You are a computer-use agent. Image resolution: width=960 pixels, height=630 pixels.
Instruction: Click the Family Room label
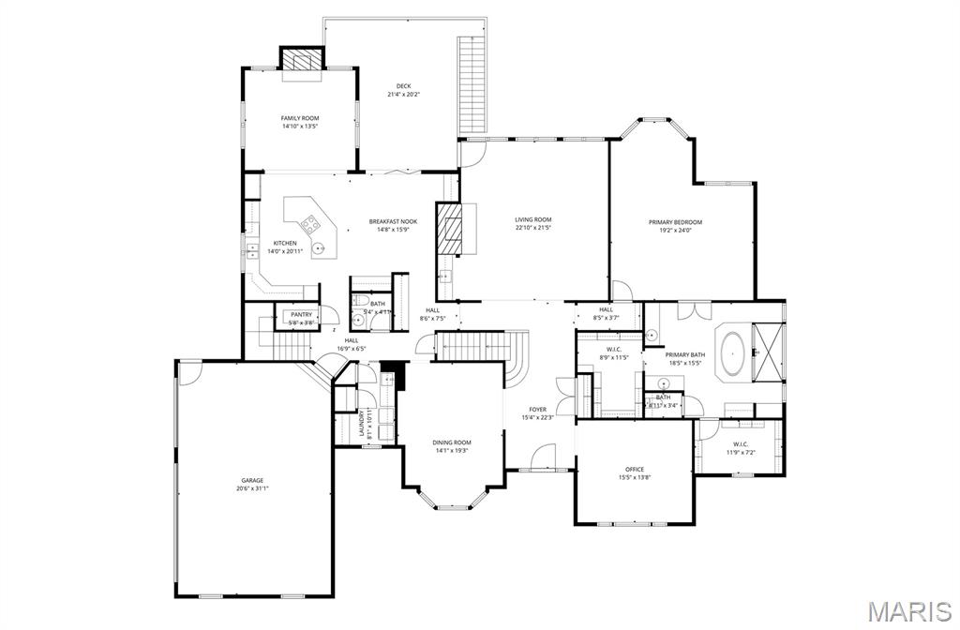click(x=300, y=118)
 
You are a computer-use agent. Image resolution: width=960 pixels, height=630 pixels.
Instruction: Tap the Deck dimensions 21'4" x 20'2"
click(x=403, y=95)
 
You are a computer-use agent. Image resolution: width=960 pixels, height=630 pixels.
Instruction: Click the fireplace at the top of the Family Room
click(x=301, y=60)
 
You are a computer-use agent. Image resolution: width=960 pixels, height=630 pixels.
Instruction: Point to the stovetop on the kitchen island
click(x=309, y=224)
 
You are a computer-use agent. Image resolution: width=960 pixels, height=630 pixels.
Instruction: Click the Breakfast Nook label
click(x=393, y=221)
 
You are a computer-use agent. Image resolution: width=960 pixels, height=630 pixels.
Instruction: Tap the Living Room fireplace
click(x=454, y=230)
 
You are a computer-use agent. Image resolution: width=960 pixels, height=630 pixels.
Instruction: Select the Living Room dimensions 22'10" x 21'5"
click(x=532, y=227)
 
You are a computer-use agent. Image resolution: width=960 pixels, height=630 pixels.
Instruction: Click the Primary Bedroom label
click(x=675, y=222)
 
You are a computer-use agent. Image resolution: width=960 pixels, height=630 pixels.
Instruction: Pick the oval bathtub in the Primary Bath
click(x=732, y=352)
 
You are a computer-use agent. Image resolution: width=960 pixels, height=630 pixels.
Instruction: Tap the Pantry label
click(x=301, y=315)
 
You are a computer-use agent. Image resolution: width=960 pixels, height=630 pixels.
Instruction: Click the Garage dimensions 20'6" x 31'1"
click(x=253, y=488)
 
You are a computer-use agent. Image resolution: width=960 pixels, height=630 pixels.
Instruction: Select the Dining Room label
click(x=452, y=442)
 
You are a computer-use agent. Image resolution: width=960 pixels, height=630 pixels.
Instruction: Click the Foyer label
click(x=537, y=409)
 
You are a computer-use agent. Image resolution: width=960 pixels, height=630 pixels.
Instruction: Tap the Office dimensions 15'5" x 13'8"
click(x=635, y=477)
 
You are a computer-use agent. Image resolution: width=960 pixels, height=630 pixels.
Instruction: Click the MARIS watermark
click(x=907, y=611)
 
